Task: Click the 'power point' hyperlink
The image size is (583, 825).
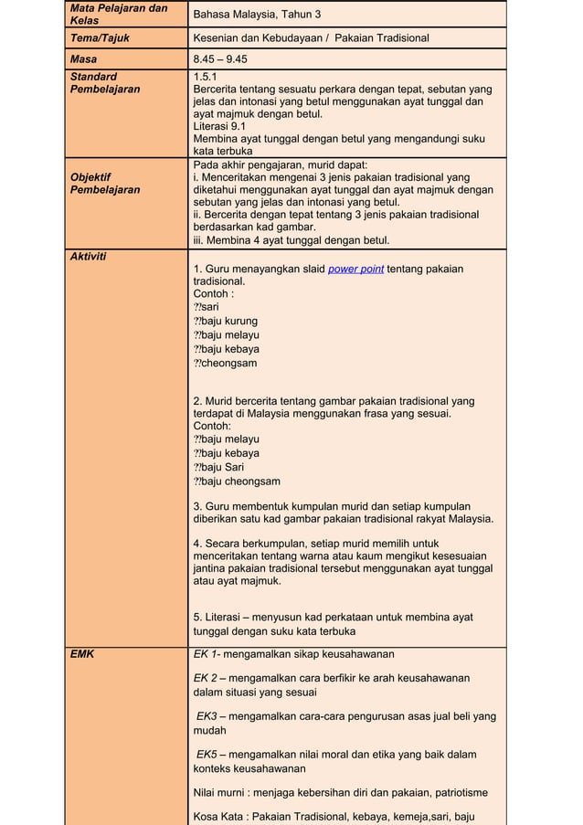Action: coord(355,269)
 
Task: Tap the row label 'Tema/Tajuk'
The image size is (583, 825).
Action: coord(101,38)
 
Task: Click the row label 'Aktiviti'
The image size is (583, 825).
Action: coord(88,256)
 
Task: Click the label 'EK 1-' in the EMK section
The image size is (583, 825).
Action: coord(208,654)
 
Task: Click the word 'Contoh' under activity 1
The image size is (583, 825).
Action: coord(210,294)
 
